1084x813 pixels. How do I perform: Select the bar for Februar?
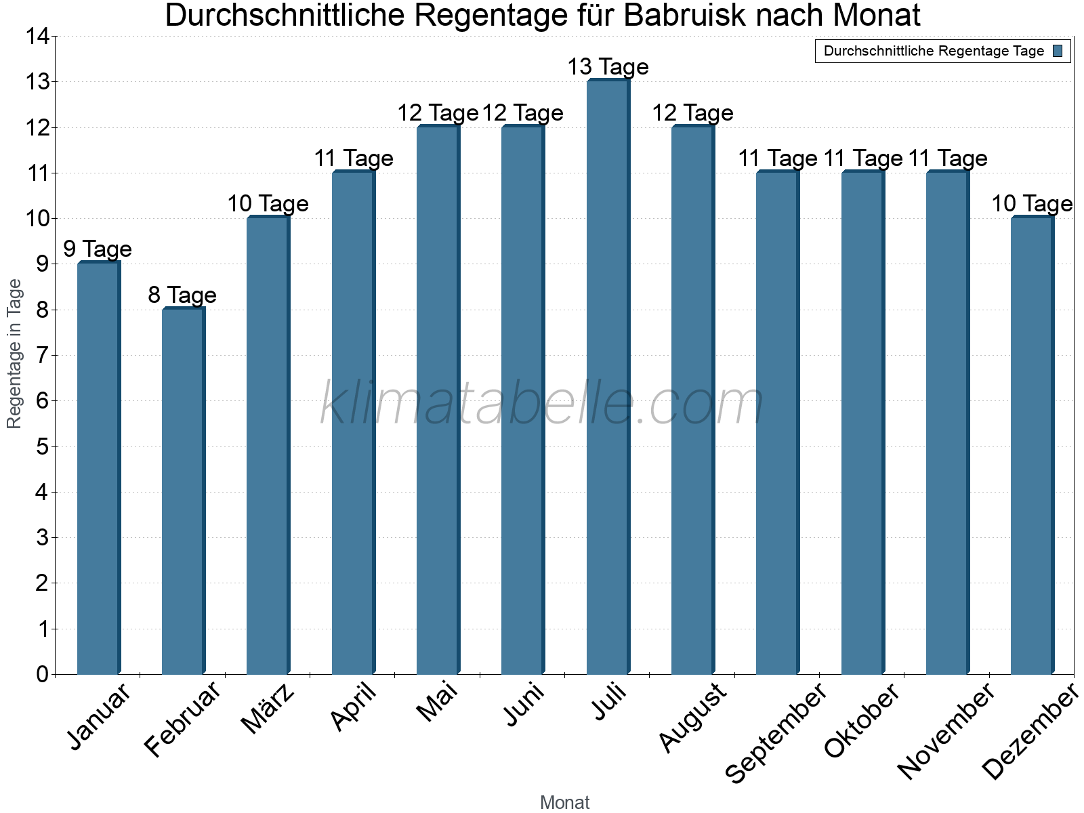[183, 491]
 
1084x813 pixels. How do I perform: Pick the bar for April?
[353, 423]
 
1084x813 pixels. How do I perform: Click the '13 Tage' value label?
[608, 67]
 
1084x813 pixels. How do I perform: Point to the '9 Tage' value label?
[98, 249]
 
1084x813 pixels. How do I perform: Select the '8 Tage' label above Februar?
[182, 295]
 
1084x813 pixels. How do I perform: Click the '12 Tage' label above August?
[692, 112]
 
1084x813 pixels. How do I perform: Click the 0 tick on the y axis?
[42, 674]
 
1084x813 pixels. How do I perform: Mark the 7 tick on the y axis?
[42, 355]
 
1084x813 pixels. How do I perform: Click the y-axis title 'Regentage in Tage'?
[15, 354]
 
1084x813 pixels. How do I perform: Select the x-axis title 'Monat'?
[564, 803]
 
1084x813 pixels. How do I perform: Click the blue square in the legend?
[1058, 51]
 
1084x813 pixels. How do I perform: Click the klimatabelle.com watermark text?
[542, 403]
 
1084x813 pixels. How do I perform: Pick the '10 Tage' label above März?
[268, 203]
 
